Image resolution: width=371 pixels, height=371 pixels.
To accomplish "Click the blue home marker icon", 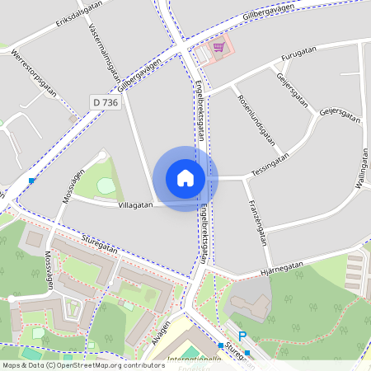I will click(185, 178).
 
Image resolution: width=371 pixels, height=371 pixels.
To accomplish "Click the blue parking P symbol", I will click(242, 336).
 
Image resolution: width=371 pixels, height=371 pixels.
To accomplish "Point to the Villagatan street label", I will click(136, 204).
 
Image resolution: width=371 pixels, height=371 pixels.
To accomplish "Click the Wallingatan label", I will click(361, 170).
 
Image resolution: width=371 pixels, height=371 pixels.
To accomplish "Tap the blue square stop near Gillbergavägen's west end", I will click(31, 181).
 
